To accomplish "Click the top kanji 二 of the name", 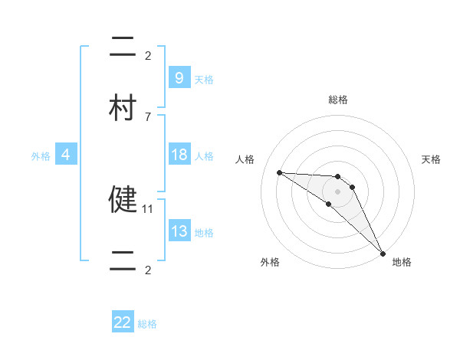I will tap(122, 46).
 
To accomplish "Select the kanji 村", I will tap(122, 108).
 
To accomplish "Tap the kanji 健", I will tap(122, 198).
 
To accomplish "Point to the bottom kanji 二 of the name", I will tap(122, 261).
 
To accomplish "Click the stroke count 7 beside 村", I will tap(148, 117).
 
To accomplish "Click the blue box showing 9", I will tap(179, 77).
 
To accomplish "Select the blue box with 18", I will tap(179, 155).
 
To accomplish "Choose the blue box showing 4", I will tap(66, 155).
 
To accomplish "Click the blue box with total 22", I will tap(123, 322).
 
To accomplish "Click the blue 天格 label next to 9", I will tap(204, 79).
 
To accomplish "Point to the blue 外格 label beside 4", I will tap(41, 156).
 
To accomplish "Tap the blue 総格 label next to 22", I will tap(147, 324).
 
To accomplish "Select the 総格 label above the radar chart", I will tap(338, 100).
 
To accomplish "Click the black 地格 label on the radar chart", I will tap(402, 262).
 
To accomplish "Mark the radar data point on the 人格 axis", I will tap(279, 172).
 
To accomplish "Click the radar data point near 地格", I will tap(382, 252).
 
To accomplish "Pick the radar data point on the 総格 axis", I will tap(337, 176).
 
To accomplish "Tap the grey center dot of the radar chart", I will tap(337, 191).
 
